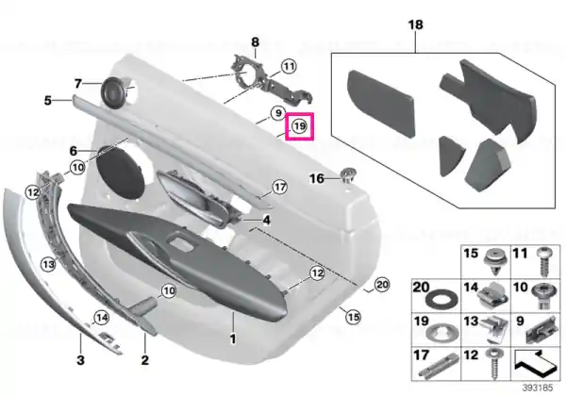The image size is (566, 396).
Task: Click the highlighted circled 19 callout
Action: tap(299, 126)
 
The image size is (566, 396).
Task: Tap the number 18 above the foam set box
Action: tap(415, 25)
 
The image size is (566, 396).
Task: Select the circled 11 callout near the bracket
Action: tap(289, 66)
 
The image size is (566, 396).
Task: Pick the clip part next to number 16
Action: tap(347, 175)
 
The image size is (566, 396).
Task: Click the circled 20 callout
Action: tap(382, 285)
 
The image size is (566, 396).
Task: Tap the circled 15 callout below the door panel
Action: tap(353, 317)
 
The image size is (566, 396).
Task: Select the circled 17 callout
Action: tap(279, 188)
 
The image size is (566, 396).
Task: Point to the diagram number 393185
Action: tap(538, 388)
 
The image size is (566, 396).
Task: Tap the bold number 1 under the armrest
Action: tap(233, 338)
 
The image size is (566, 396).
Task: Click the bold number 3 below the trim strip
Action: tap(80, 359)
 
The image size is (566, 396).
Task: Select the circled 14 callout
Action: tap(101, 318)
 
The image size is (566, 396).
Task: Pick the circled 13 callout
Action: tap(48, 264)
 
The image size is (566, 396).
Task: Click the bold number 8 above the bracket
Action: tap(256, 42)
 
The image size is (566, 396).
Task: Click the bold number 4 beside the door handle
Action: tap(266, 220)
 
